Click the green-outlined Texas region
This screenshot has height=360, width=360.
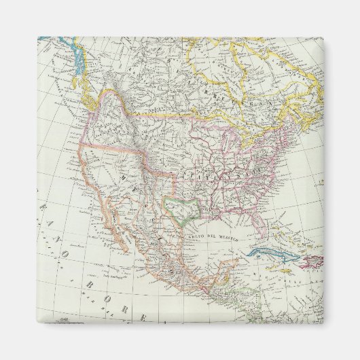tap(180, 207)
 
